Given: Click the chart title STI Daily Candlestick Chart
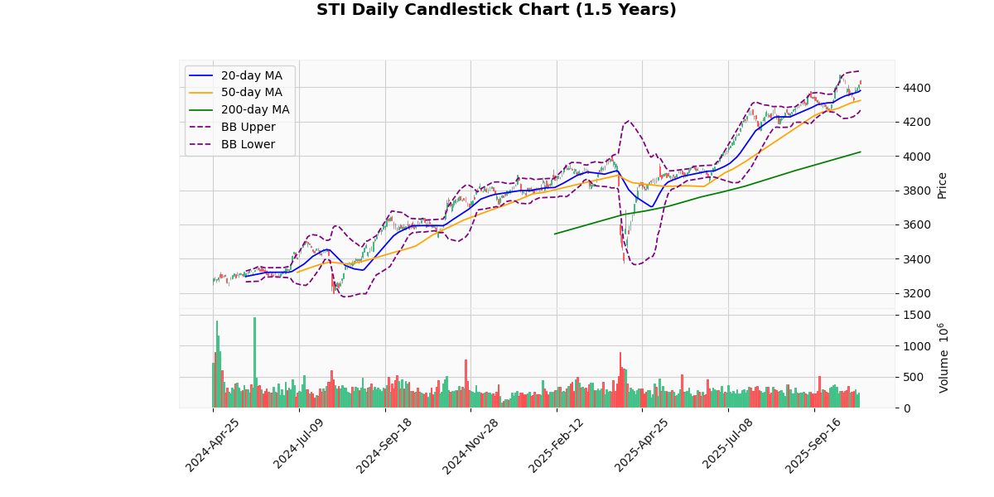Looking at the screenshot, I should [x=496, y=10].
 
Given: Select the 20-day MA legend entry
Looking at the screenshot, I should [x=251, y=75].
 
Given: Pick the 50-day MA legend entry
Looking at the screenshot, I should [x=251, y=93].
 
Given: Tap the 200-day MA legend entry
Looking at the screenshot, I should [x=254, y=110].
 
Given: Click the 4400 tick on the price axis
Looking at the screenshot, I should [x=917, y=88].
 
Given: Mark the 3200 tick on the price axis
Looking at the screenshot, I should [x=917, y=293].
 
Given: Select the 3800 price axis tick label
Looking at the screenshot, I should [x=917, y=191].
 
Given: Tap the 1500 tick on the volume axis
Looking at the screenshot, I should [x=916, y=315].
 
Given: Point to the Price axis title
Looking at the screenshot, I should [x=942, y=185].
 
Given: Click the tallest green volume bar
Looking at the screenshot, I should [x=254, y=362].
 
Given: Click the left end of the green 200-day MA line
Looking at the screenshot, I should [x=555, y=234].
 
